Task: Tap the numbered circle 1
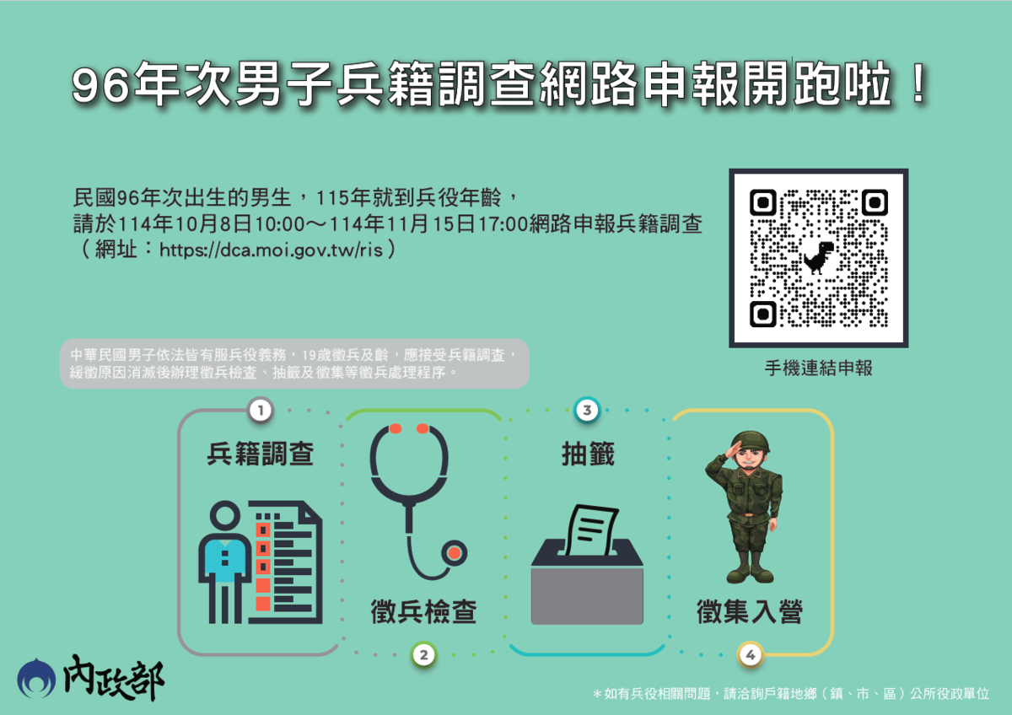pos(261,411)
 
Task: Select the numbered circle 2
pos(423,654)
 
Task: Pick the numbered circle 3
pos(587,410)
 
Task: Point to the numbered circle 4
pos(751,654)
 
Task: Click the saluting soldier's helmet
pos(750,442)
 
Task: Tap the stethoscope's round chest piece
pos(454,553)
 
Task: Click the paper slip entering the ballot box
pos(592,530)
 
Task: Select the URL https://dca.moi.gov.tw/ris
pos(271,250)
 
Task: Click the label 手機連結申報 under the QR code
pos(819,368)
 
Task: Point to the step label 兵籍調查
pos(261,454)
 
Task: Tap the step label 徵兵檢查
pos(423,611)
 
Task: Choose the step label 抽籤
pos(588,454)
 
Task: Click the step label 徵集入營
pos(750,611)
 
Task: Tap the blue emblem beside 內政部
pos(36,678)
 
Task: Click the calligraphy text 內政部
pos(113,677)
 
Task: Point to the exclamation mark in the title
pos(918,83)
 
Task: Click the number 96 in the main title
pos(100,84)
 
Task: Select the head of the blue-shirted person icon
pos(225,515)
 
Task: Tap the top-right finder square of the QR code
pos(875,202)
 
